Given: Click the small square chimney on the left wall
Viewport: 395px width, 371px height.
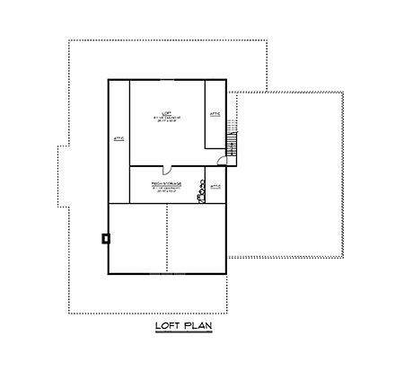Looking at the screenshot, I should (x=106, y=238).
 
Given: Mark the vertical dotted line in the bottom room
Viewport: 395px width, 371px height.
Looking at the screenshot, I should (x=167, y=238).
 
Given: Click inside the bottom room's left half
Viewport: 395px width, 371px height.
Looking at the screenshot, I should (x=137, y=238).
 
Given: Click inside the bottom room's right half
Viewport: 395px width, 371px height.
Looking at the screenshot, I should (x=196, y=238).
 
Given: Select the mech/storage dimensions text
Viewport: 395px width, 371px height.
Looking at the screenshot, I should (x=166, y=193).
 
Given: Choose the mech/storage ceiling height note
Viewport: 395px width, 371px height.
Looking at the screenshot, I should (x=166, y=189).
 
